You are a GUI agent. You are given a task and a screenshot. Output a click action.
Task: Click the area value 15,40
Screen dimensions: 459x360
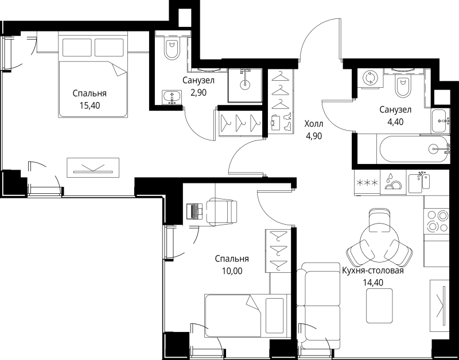tap(90, 105)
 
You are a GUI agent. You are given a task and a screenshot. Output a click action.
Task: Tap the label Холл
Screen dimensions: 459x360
tap(314, 124)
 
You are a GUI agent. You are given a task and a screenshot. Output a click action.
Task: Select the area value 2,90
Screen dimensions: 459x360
tap(199, 93)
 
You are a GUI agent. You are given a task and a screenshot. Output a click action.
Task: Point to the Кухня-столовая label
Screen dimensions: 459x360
tap(373, 271)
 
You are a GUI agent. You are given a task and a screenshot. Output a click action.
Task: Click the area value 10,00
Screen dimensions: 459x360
tap(232, 271)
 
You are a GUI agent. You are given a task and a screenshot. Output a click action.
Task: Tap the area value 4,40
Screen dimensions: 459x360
tap(395, 122)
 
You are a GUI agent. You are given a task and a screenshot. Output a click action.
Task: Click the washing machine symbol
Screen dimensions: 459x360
tap(370, 78)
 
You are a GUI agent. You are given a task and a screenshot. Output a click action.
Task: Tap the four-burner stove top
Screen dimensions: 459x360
tap(437, 221)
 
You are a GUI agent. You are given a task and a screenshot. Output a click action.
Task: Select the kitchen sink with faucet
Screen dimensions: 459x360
tap(419, 183)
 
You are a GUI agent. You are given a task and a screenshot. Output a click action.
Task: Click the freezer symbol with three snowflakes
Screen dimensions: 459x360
tap(367, 183)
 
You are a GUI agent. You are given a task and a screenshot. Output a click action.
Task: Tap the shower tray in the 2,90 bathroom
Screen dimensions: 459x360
tap(246, 85)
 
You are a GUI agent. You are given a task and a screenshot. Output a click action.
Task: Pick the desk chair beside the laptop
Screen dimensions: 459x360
tap(221, 212)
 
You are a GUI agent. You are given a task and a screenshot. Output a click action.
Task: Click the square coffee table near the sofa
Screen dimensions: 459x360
tap(380, 306)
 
